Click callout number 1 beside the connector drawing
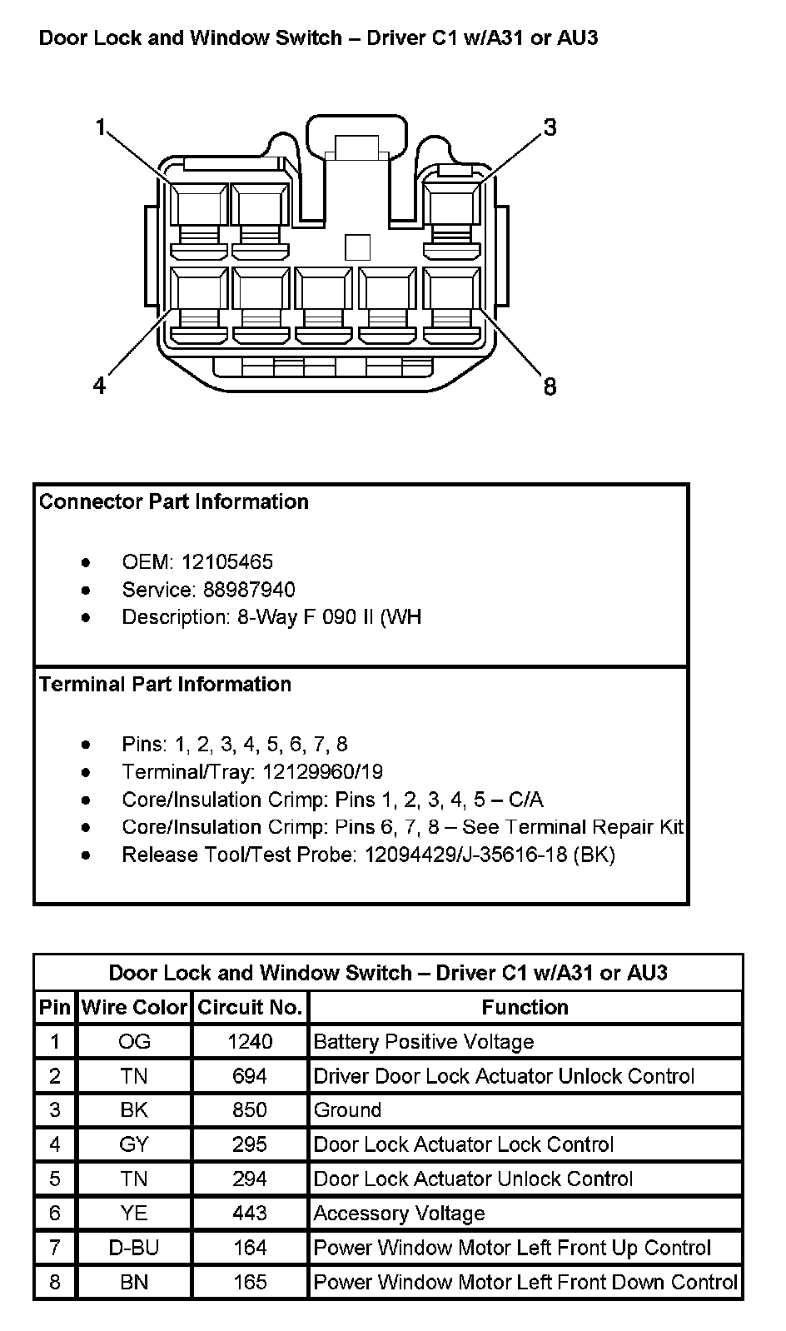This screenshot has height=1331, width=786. point(101,127)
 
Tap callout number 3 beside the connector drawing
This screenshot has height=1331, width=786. point(550,127)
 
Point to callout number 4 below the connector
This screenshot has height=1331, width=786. point(100,386)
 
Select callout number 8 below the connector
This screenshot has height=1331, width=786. point(550,386)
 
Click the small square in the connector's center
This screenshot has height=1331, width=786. point(357,247)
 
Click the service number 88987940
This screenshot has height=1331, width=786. point(249,590)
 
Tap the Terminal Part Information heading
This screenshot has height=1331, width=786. point(165,684)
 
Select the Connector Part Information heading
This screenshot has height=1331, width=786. point(173,501)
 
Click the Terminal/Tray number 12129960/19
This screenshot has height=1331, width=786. point(322,771)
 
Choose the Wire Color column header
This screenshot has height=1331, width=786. point(134,1007)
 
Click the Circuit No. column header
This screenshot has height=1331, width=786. point(250,1007)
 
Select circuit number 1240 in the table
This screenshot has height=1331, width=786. point(250,1041)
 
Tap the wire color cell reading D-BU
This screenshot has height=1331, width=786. point(134,1248)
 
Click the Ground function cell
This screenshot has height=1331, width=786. point(347,1109)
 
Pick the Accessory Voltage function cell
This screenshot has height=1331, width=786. point(399,1213)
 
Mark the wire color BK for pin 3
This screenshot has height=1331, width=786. point(134,1109)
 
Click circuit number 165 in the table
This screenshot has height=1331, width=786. point(250,1282)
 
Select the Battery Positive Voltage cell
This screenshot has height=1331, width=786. point(424,1041)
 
